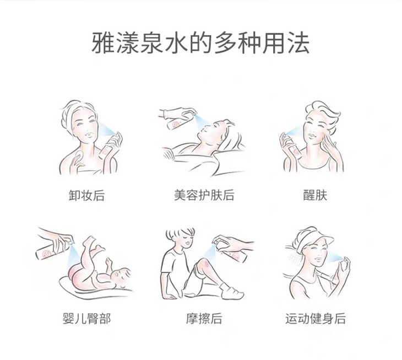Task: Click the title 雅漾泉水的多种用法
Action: (200, 43)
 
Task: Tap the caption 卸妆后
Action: (86, 195)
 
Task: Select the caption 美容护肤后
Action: (204, 195)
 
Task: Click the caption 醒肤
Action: (315, 195)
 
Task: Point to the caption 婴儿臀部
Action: (86, 319)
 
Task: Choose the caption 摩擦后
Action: (204, 319)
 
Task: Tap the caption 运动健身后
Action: (316, 319)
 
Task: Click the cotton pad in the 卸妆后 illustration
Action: (78, 156)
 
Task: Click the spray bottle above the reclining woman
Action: (181, 120)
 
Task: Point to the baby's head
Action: (122, 277)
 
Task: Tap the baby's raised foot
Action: (89, 241)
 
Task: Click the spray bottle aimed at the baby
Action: (54, 248)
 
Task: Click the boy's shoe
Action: (232, 292)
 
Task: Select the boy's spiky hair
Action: (180, 232)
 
